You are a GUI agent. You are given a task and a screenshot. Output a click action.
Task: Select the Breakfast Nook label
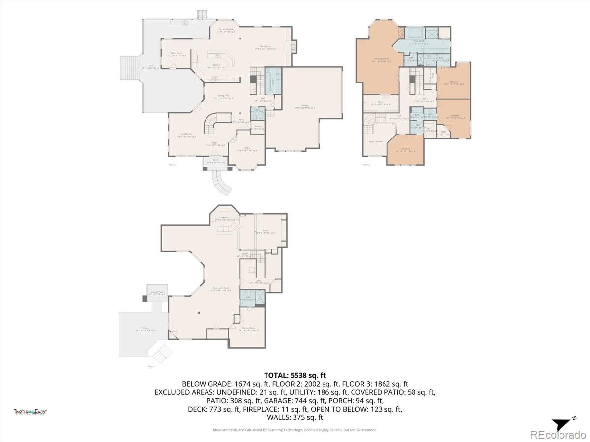(226, 30)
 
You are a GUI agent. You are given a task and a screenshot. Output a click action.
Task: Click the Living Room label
(186, 135)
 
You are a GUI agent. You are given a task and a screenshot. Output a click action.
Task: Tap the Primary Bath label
(418, 42)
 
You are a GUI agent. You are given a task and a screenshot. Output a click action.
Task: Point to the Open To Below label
(376, 142)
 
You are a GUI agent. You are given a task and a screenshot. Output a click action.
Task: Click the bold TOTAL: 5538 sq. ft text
(295, 375)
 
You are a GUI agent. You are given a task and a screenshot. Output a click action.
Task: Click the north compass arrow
(560, 424)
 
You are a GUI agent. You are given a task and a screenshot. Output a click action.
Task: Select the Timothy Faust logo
(30, 412)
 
